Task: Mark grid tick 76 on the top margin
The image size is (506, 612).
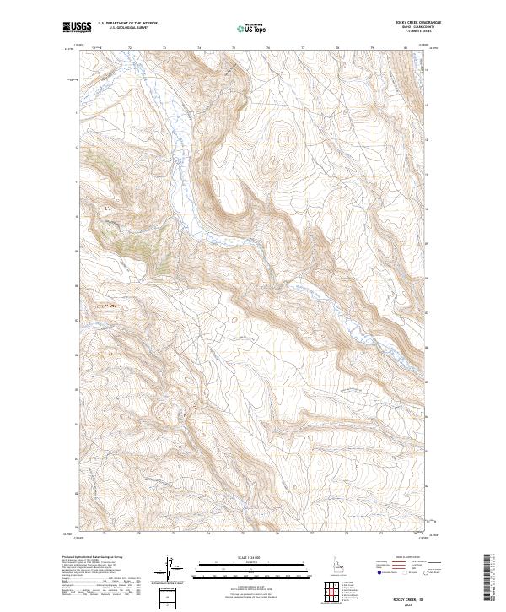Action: click(267, 49)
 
